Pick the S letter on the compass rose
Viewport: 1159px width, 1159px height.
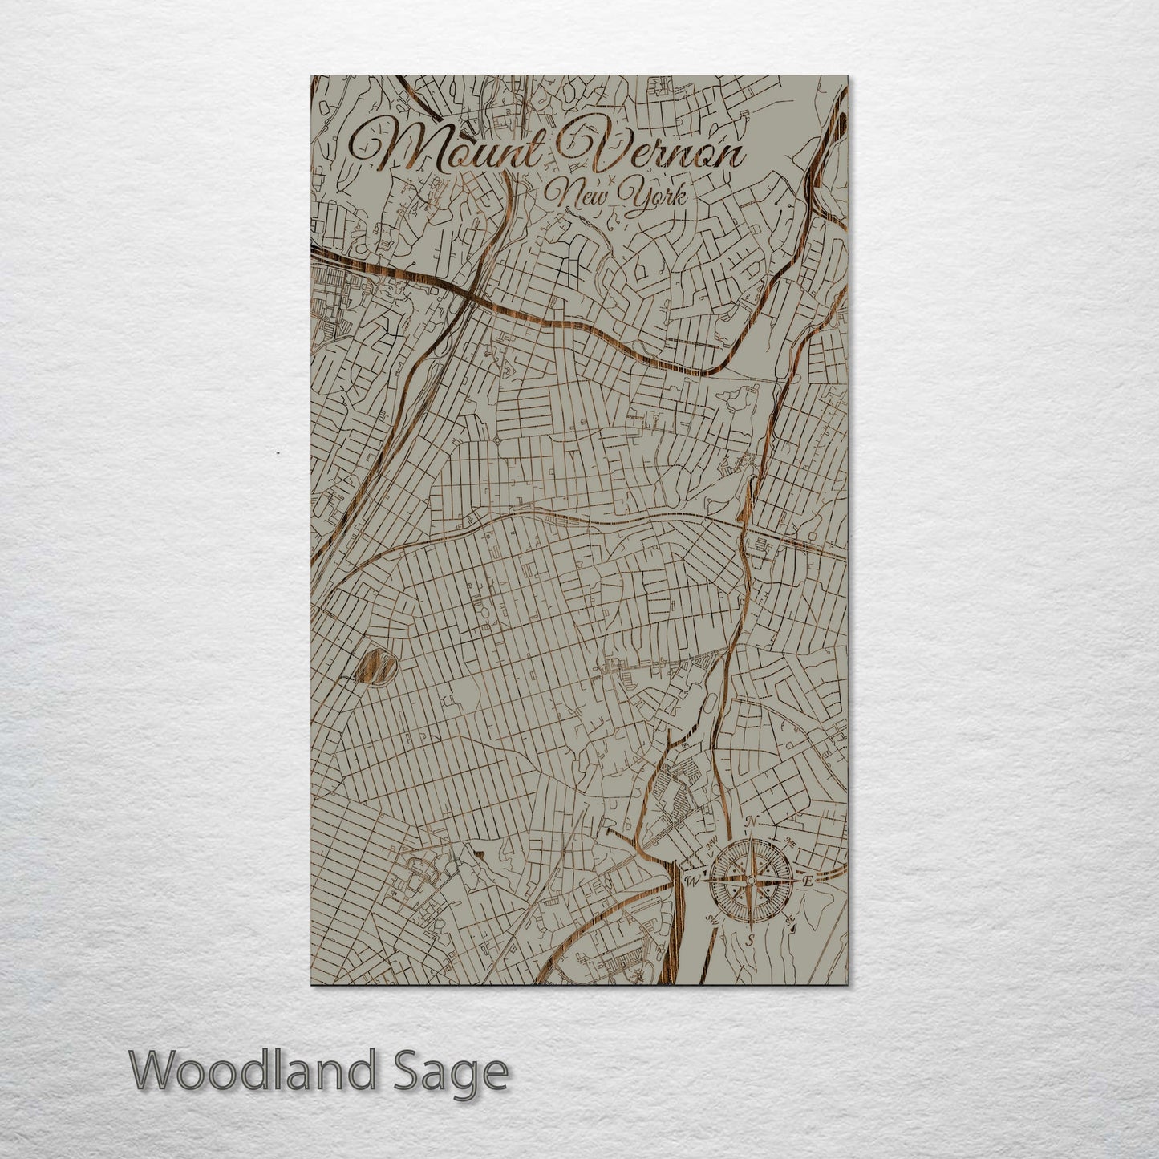751,938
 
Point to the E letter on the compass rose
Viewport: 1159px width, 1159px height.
808,881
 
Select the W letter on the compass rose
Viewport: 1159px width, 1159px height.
693,881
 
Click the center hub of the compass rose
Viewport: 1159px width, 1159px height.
751,880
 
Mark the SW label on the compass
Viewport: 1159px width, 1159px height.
711,919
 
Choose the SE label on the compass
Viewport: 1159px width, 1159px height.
790,920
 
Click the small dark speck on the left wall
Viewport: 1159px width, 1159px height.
278,454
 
